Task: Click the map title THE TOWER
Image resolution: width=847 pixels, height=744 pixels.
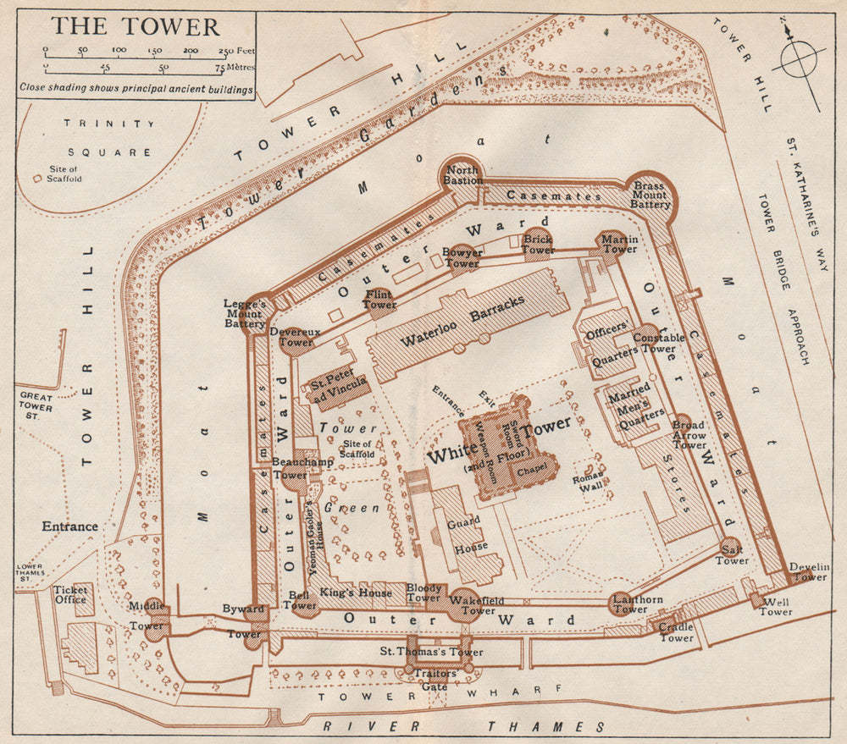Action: (x=136, y=26)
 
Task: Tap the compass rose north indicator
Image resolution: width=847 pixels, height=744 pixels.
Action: (x=788, y=34)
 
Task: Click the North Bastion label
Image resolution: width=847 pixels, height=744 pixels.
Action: (x=462, y=175)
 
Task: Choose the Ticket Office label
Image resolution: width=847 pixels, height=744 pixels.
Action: (x=71, y=594)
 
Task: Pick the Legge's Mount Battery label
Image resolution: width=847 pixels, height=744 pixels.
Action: (x=245, y=313)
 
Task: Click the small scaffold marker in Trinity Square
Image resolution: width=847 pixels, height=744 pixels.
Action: (x=36, y=179)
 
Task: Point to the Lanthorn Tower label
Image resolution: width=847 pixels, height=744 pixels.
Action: (x=630, y=603)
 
